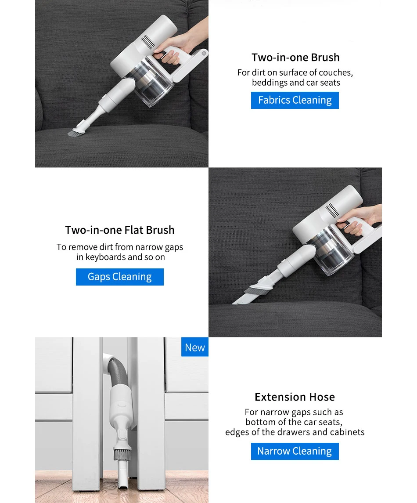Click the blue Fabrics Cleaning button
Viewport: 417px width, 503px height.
pyautogui.click(x=295, y=100)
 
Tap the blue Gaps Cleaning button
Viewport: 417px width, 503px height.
pyautogui.click(x=119, y=276)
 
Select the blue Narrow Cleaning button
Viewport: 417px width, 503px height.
pyautogui.click(x=295, y=451)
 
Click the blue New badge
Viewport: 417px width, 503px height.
pyautogui.click(x=194, y=347)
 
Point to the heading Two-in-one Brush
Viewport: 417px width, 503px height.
pyautogui.click(x=295, y=57)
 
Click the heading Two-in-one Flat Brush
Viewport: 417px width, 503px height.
pyautogui.click(x=120, y=230)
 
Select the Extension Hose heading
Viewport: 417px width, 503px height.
pyautogui.click(x=295, y=397)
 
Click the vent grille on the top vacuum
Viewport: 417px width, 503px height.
pyautogui.click(x=148, y=42)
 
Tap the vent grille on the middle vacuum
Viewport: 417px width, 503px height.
pyautogui.click(x=332, y=210)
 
